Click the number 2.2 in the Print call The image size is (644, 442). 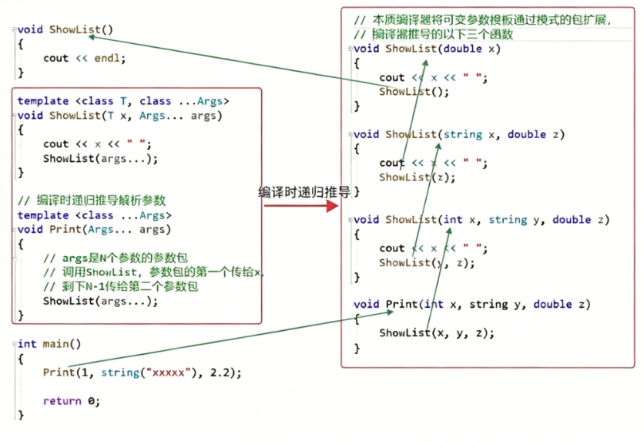tap(225, 373)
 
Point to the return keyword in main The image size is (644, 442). tap(62, 401)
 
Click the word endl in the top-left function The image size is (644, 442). tap(108, 58)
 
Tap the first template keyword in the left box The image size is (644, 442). tap(43, 101)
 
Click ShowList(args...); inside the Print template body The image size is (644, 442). tap(100, 301)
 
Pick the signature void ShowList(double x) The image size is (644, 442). tap(427, 49)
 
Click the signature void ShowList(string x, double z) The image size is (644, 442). tap(459, 134)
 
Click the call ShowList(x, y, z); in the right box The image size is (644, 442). tap(436, 333)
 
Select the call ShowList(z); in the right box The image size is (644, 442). tap(417, 177)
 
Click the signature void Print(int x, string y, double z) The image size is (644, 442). tap(471, 305)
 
